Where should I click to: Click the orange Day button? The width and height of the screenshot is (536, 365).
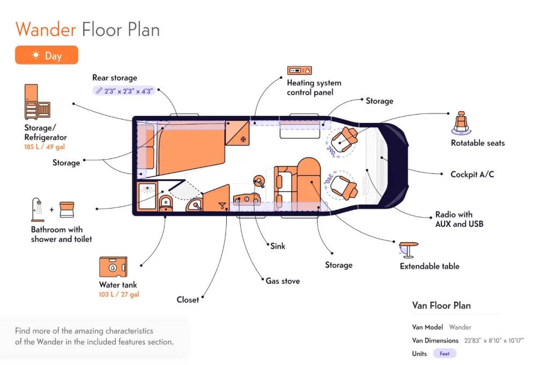(x=47, y=55)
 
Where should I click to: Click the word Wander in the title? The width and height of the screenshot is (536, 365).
(x=46, y=29)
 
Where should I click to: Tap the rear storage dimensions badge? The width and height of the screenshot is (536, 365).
(x=124, y=91)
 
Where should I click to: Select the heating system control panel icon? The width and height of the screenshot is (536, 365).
(x=300, y=70)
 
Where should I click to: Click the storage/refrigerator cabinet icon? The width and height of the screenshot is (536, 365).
(x=38, y=102)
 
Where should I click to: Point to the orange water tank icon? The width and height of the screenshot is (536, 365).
(x=113, y=266)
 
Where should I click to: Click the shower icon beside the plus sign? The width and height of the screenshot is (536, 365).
(x=38, y=210)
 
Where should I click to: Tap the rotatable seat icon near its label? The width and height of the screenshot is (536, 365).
(x=461, y=123)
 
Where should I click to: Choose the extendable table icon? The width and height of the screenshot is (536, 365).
(x=408, y=250)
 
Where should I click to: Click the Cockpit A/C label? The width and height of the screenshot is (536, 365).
(x=472, y=174)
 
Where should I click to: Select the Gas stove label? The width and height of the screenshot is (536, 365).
(x=282, y=281)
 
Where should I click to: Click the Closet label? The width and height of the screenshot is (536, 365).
(x=188, y=300)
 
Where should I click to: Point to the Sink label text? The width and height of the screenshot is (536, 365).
(x=278, y=246)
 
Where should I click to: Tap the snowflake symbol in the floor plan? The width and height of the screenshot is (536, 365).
(x=243, y=139)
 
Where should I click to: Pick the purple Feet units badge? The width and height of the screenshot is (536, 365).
(x=444, y=353)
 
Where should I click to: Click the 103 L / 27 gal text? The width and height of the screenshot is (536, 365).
(x=119, y=294)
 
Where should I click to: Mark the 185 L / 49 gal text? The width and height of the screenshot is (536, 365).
(x=44, y=147)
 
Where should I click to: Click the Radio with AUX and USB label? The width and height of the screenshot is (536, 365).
(x=459, y=219)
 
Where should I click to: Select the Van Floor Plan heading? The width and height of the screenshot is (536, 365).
(x=441, y=305)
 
